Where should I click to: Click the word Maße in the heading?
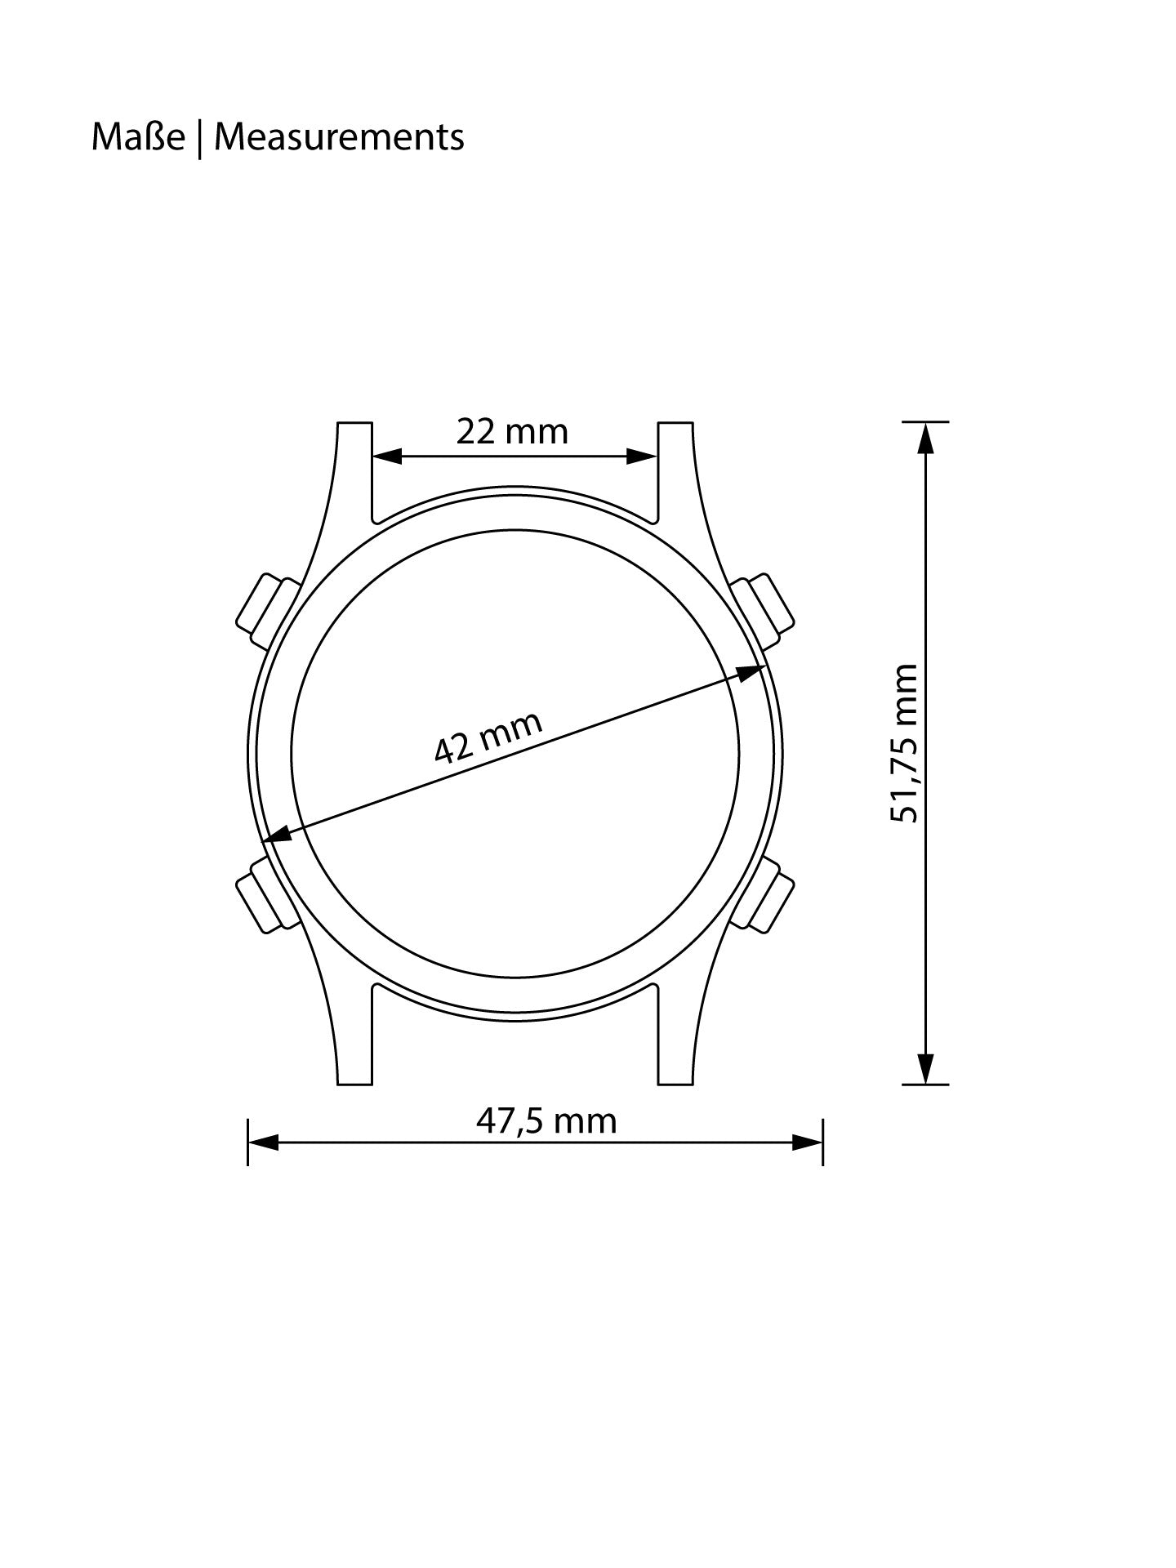[x=138, y=137]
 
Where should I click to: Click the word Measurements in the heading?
[x=339, y=137]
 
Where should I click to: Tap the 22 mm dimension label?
[x=512, y=431]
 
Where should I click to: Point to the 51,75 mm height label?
[x=905, y=744]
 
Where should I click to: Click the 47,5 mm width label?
[x=546, y=1120]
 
